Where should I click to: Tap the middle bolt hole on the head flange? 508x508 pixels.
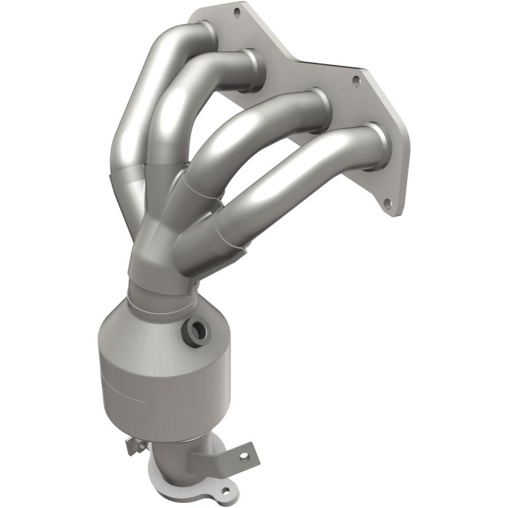(356, 81)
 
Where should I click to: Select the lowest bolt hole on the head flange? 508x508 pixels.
(387, 204)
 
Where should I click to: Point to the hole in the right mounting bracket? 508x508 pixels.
(242, 455)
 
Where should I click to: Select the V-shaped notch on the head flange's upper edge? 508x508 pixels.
(298, 60)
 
